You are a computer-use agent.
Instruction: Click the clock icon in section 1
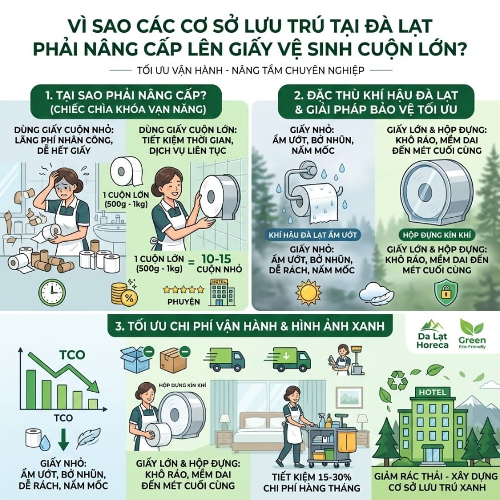click(52, 292)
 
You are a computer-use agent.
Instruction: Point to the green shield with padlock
click(447, 293)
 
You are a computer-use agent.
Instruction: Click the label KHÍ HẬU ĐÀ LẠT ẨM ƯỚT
click(312, 236)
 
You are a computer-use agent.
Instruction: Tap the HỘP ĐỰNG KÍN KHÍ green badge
click(437, 236)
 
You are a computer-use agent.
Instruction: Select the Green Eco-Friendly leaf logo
click(472, 334)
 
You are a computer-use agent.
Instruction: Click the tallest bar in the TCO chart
click(31, 389)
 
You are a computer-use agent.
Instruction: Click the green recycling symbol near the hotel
click(398, 380)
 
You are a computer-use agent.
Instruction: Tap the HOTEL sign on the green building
click(432, 392)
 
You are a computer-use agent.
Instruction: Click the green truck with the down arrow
click(292, 359)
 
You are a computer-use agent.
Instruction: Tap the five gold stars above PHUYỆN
click(183, 289)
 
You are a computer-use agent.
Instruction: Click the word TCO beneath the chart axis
click(63, 418)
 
